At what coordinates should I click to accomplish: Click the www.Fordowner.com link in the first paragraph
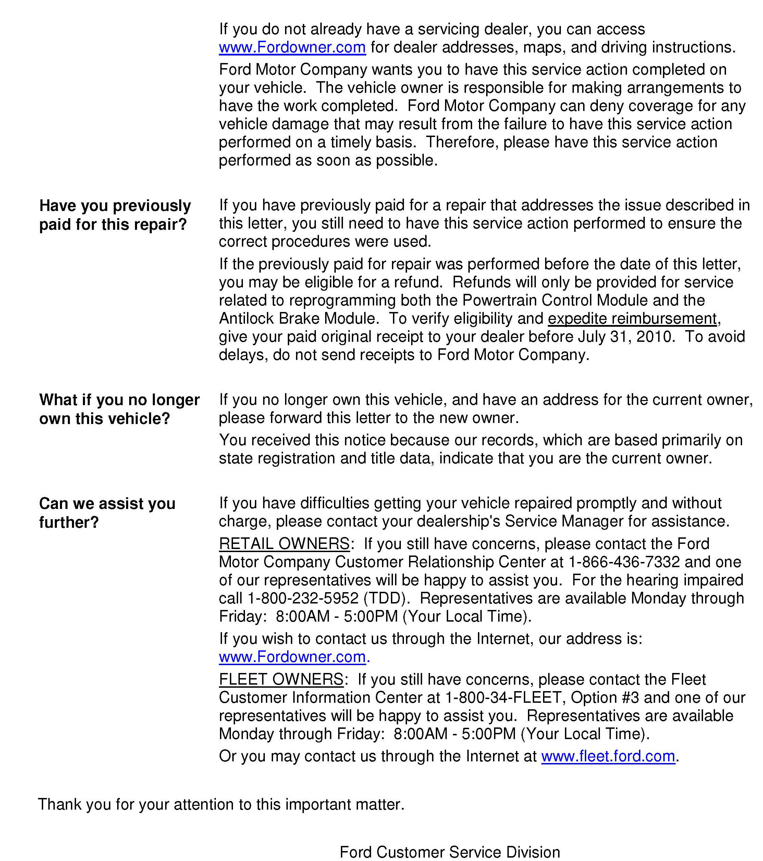pyautogui.click(x=292, y=47)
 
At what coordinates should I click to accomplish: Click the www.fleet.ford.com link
pyautogui.click(x=607, y=756)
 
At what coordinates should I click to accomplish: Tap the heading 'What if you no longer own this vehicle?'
pyautogui.click(x=119, y=409)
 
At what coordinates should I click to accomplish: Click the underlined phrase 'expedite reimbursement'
pyautogui.click(x=632, y=319)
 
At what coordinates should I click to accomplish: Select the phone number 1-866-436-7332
pyautogui.click(x=624, y=562)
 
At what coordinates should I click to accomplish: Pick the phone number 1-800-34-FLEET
pyautogui.click(x=504, y=698)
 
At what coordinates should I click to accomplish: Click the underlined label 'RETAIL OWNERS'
pyautogui.click(x=284, y=544)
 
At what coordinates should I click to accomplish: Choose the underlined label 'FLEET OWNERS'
pyautogui.click(x=281, y=679)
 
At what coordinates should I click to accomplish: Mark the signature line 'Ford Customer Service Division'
pyautogui.click(x=450, y=852)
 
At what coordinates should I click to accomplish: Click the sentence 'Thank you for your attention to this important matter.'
pyautogui.click(x=221, y=804)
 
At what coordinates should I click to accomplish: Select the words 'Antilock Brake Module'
pyautogui.click(x=297, y=319)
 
